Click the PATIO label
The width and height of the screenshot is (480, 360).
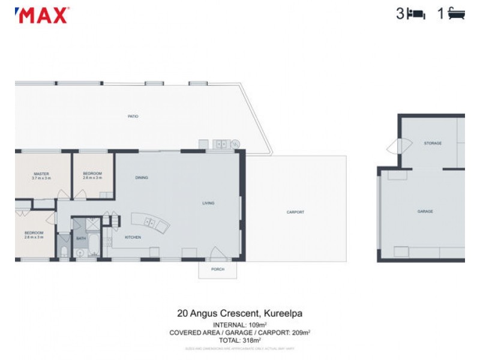(133, 116)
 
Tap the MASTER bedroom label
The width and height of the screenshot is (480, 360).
(41, 173)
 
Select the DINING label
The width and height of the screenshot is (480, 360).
(142, 178)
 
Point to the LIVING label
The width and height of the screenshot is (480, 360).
(208, 203)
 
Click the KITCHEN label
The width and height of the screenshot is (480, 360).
(133, 238)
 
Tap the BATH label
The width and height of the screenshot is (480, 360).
(80, 239)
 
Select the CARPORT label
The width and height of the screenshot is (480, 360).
(295, 212)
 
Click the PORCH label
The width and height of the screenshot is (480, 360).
(217, 269)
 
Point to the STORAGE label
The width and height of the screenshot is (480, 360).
(433, 143)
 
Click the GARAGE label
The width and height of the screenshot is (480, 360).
(425, 212)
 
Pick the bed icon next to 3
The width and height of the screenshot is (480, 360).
(416, 14)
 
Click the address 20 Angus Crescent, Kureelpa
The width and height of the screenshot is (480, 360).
(244, 313)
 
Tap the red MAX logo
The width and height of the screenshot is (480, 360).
(42, 15)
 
